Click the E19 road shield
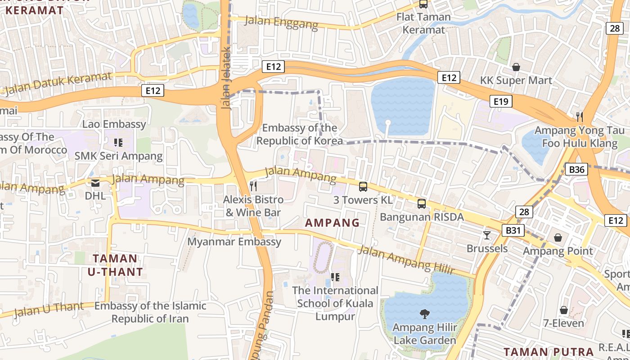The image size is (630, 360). click(500, 101)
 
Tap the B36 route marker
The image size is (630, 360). click(576, 170)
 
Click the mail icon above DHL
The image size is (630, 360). click(95, 183)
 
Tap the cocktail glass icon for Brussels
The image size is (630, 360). click(486, 235)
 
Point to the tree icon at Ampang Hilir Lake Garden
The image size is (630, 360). click(424, 314)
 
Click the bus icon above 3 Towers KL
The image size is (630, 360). click(363, 186)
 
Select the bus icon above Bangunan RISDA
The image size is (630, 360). click(422, 204)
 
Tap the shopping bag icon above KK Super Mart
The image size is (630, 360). click(516, 67)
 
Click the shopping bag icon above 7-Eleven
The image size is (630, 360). click(563, 310)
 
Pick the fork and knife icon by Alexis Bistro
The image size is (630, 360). click(253, 186)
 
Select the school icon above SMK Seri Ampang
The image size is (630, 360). click(118, 143)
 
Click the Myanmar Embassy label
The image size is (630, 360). click(234, 242)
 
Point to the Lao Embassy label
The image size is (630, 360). click(114, 124)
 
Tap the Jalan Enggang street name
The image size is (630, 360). click(281, 22)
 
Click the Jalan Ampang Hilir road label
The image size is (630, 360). click(405, 260)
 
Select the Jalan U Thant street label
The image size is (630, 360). click(49, 309)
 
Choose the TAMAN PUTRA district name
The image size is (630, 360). click(549, 352)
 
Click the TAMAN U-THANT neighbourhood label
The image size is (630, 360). click(115, 265)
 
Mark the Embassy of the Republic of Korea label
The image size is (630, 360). click(299, 135)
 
